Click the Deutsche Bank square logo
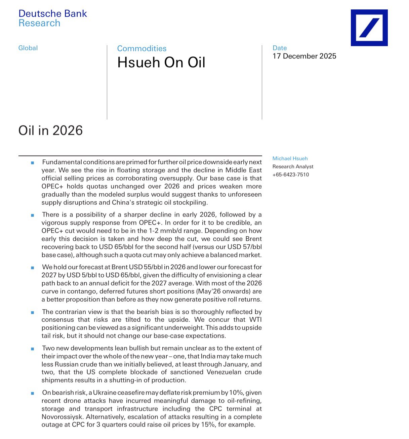pos(369,28)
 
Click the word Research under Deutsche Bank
pos(39,23)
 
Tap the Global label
pos(28,48)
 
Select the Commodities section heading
pos(141,48)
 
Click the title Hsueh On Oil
pos(161,63)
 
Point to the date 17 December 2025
pos(304,56)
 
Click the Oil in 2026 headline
pos(50,130)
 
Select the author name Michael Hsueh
pos(290,158)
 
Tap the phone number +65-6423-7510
pos(290,174)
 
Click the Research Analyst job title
pos(293,166)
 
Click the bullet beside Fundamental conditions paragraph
pos(33,163)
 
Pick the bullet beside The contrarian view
pos(33,312)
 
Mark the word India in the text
pos(208,356)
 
